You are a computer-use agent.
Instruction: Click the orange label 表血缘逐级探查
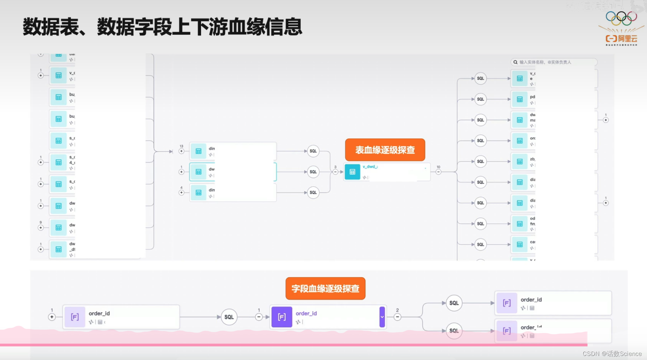point(385,150)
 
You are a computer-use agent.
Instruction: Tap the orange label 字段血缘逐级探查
point(325,289)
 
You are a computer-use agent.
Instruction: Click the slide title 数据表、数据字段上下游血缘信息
point(162,27)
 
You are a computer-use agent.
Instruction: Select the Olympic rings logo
point(621,18)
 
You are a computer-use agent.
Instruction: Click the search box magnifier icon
point(515,62)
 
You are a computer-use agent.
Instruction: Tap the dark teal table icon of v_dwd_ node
point(352,172)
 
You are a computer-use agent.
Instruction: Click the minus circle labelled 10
point(438,172)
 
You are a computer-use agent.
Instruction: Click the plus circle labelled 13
point(181,151)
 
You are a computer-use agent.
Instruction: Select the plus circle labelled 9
point(41,228)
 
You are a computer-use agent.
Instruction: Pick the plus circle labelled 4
point(181,193)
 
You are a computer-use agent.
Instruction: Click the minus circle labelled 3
point(335,172)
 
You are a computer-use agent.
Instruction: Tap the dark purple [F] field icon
point(282,317)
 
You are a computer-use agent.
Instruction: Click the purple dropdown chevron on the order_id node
point(382,317)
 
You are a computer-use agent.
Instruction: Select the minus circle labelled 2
point(397,317)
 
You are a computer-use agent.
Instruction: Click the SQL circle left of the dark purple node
point(229,317)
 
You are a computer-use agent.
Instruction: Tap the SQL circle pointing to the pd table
point(480,99)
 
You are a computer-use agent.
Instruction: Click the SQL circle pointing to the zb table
point(480,162)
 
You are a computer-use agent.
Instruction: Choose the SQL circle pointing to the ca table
point(480,244)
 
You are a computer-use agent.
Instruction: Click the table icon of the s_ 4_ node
point(59,162)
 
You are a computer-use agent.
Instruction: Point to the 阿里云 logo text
point(627,39)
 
